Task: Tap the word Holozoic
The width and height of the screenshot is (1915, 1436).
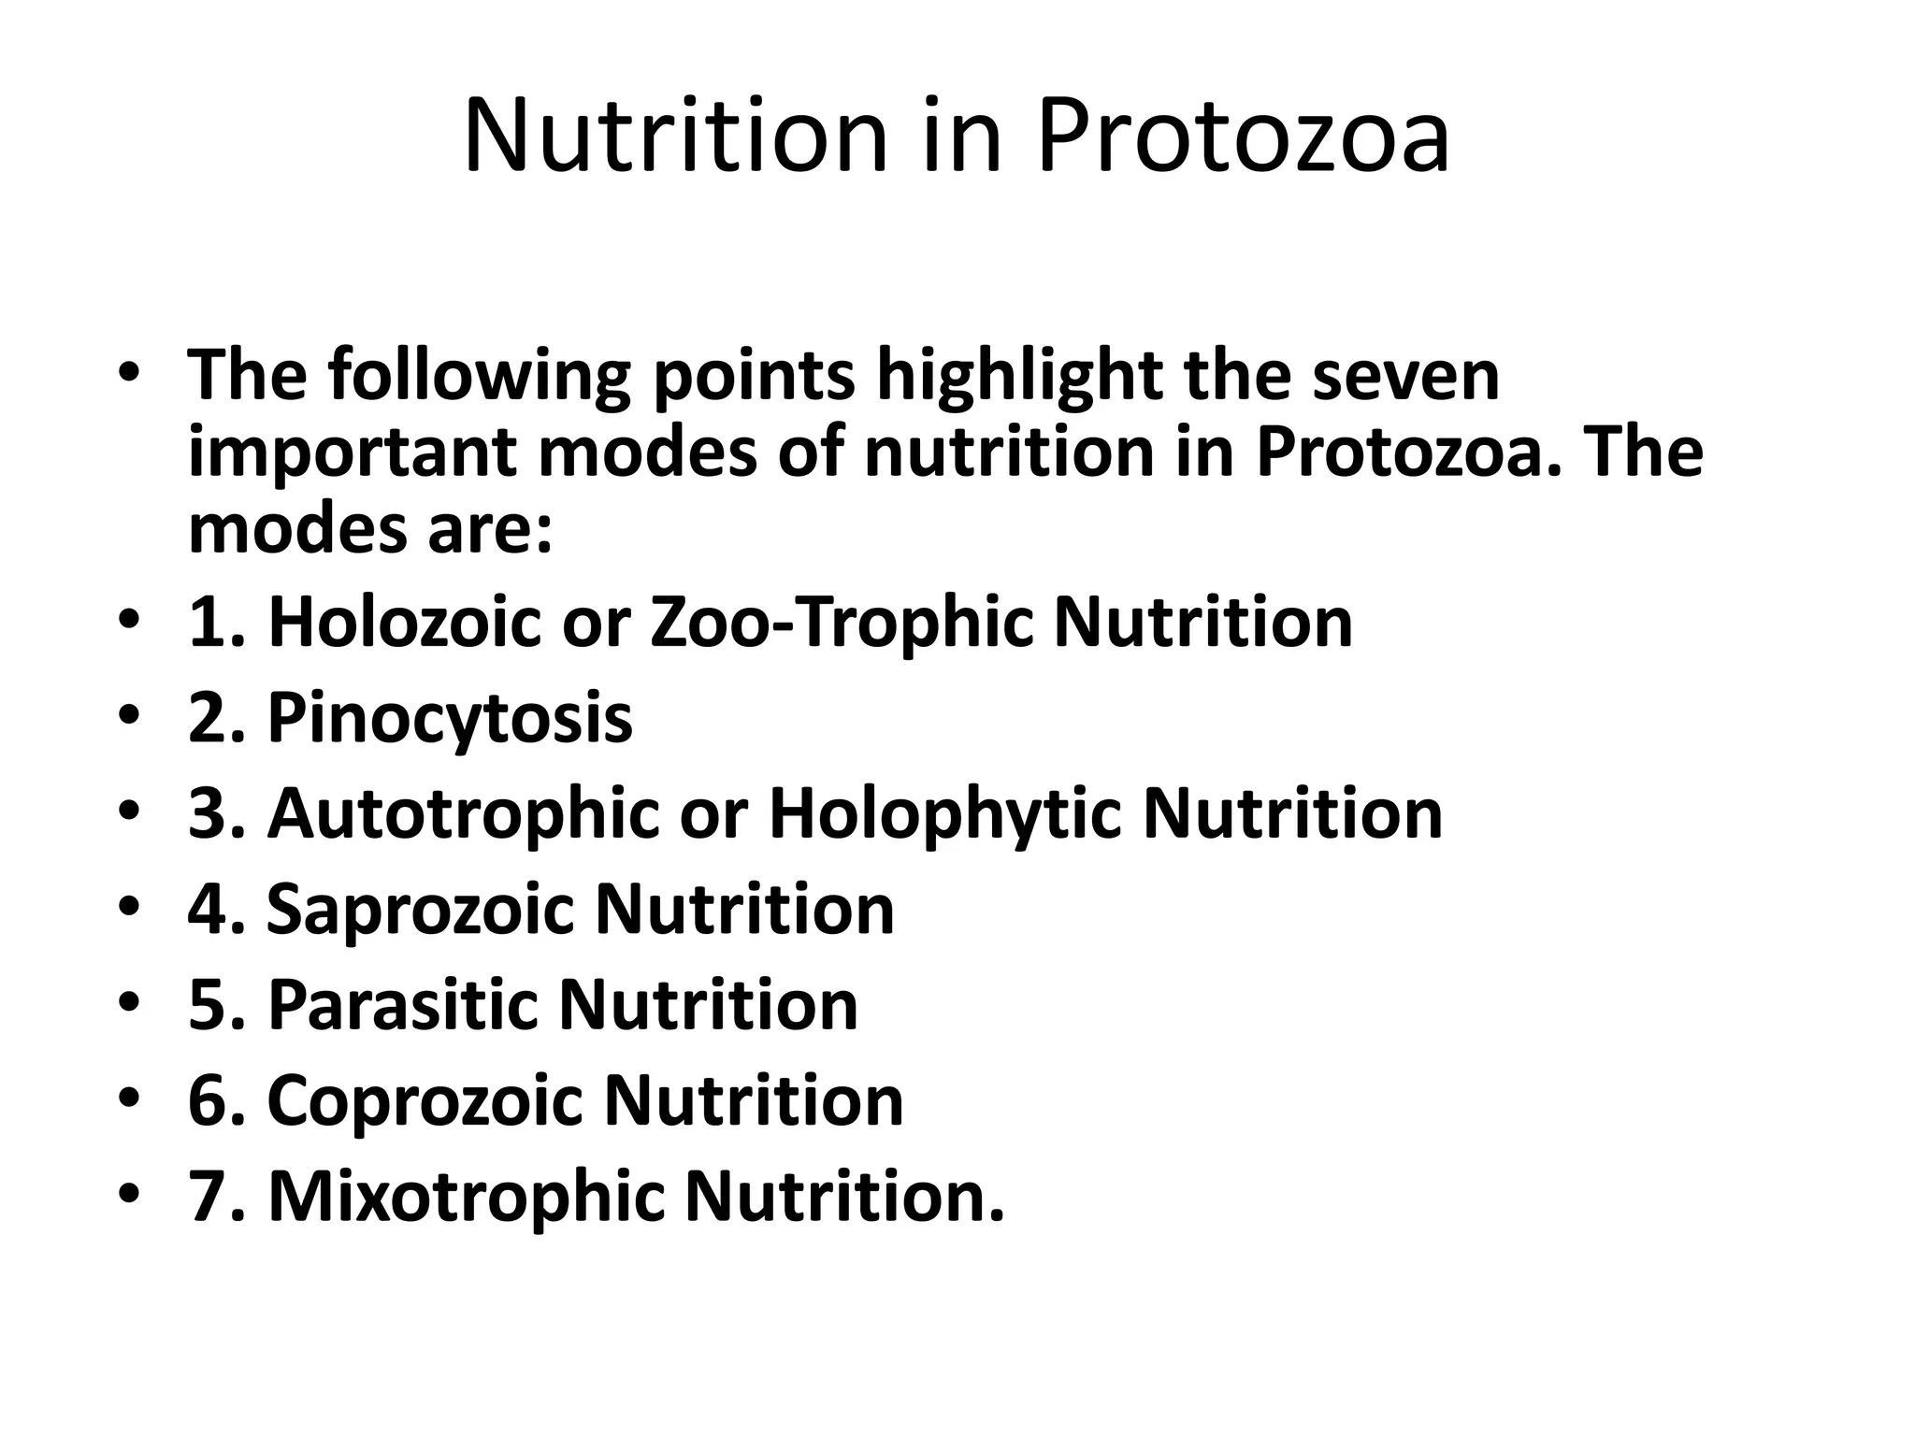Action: tap(404, 622)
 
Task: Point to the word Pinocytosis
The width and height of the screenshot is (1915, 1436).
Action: tap(450, 718)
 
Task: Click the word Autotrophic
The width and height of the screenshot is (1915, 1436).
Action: tap(463, 813)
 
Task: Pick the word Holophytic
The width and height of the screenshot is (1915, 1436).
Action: tap(944, 813)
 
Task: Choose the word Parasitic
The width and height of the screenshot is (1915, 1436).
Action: tap(403, 1005)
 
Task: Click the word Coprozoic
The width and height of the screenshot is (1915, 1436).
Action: tap(425, 1100)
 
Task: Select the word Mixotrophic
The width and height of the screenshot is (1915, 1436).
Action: tap(467, 1196)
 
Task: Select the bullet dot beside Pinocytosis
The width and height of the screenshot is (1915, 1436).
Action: tap(130, 718)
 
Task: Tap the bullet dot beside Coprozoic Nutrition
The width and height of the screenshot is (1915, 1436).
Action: tap(130, 1100)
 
